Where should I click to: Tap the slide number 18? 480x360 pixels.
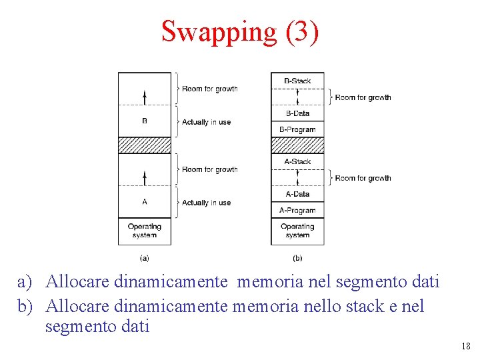pyautogui.click(x=465, y=346)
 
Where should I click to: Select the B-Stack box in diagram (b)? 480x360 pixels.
pyautogui.click(x=297, y=81)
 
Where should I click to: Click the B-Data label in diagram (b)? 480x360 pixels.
pyautogui.click(x=297, y=113)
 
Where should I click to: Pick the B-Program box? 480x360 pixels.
pyautogui.click(x=297, y=129)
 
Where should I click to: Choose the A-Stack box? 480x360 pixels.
pyautogui.click(x=297, y=161)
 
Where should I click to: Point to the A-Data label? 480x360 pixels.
pyautogui.click(x=297, y=194)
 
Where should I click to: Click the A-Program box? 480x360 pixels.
pyautogui.click(x=297, y=210)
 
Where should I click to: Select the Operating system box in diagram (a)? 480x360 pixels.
pyautogui.click(x=145, y=231)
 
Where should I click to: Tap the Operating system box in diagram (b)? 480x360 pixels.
pyautogui.click(x=297, y=231)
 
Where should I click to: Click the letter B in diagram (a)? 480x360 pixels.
pyautogui.click(x=145, y=121)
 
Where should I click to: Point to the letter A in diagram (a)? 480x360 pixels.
pyautogui.click(x=145, y=202)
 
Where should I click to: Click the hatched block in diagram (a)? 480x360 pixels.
pyautogui.click(x=145, y=145)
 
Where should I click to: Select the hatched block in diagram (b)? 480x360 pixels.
pyautogui.click(x=297, y=145)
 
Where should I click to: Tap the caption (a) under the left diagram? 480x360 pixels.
pyautogui.click(x=145, y=257)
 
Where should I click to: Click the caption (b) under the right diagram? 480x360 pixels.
pyautogui.click(x=297, y=257)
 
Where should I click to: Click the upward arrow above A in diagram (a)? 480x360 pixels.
pyautogui.click(x=145, y=177)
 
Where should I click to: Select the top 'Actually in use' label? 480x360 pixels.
pyautogui.click(x=206, y=122)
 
